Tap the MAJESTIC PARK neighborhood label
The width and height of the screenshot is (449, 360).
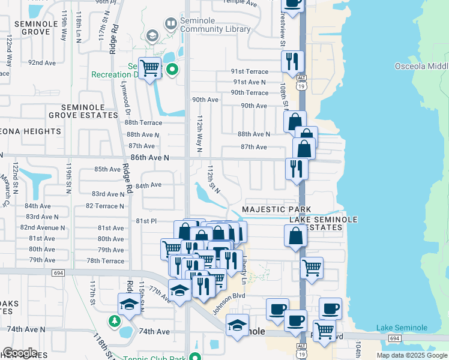(276, 209)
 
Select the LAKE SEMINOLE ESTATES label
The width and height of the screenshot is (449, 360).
(324, 224)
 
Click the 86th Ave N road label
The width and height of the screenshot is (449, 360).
(142, 157)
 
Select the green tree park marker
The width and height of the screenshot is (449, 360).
(114, 321)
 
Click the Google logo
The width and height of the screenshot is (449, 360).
(20, 353)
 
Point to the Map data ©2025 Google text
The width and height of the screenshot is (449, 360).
(411, 355)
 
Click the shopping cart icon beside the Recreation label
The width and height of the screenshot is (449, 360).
(149, 68)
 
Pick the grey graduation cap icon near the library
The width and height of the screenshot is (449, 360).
(152, 36)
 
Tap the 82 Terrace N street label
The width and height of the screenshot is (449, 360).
(105, 206)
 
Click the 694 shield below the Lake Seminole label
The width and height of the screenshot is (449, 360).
(394, 338)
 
